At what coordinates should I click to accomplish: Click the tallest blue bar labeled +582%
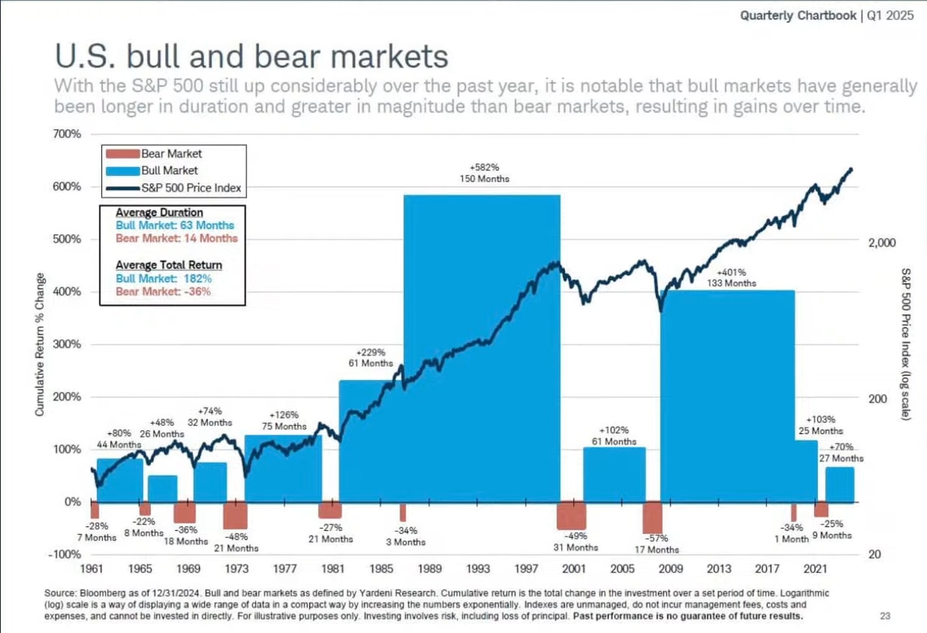[x=481, y=347]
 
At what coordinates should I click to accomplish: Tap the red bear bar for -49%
[x=571, y=515]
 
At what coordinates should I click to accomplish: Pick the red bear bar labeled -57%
[x=652, y=517]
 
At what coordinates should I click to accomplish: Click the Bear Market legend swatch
[x=123, y=154]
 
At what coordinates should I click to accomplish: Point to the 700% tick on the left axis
[x=67, y=134]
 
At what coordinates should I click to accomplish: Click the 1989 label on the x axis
[x=429, y=569]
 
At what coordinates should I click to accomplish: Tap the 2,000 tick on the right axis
[x=882, y=243]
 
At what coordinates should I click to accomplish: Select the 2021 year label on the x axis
[x=815, y=569]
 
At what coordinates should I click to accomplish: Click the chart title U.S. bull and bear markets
[x=251, y=56]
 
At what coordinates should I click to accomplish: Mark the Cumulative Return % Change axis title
[x=40, y=344]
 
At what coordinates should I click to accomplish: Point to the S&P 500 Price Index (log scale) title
[x=906, y=344]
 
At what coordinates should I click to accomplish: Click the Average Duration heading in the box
[x=159, y=212]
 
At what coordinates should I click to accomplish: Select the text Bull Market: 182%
[x=164, y=279]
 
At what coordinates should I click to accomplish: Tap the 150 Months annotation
[x=484, y=179]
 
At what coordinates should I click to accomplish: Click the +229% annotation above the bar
[x=371, y=352]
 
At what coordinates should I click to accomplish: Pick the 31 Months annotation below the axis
[x=576, y=548]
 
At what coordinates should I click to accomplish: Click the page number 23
[x=885, y=616]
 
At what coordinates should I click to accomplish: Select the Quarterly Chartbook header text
[x=798, y=15]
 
